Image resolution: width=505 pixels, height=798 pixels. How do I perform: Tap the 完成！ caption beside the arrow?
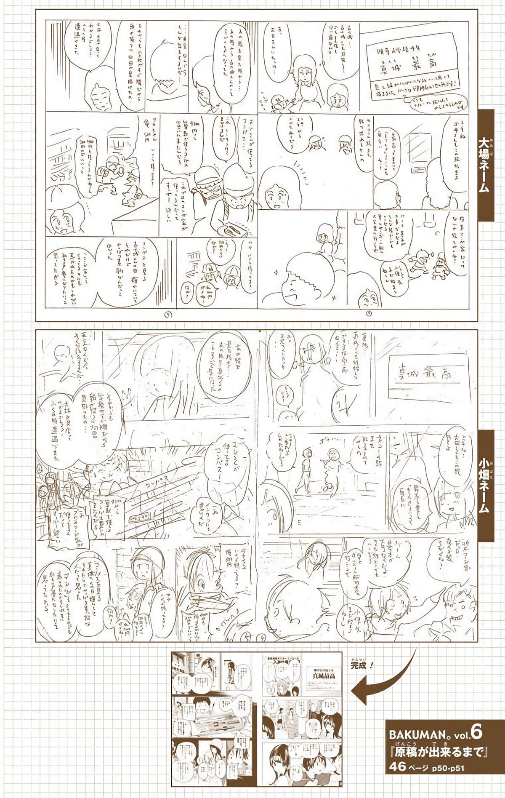(x=361, y=655)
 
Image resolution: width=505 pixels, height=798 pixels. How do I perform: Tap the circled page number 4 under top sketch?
(x=369, y=313)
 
